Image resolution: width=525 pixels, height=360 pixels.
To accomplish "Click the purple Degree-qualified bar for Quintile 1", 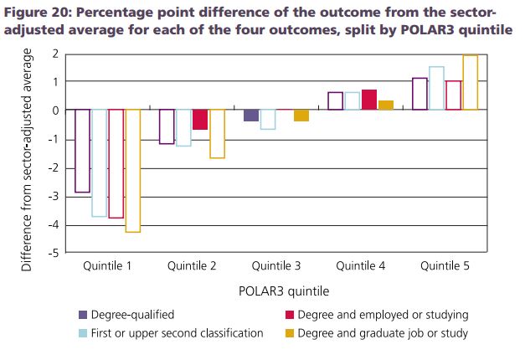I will (x=82, y=151).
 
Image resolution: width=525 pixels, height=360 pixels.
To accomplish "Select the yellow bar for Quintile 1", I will (x=132, y=170).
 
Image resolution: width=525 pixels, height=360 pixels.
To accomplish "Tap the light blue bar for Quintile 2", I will (x=183, y=127).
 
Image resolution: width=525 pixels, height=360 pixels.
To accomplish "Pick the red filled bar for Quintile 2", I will (x=200, y=119).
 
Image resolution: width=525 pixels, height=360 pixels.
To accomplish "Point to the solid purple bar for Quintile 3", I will (x=251, y=116).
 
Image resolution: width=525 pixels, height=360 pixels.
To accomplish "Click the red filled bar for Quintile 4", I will (x=369, y=100).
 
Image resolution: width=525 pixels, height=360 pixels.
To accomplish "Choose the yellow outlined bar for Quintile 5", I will (x=470, y=82).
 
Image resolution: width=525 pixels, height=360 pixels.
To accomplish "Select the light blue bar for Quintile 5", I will (x=436, y=88).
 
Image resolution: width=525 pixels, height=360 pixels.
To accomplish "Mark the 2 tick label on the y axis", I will (x=54, y=53).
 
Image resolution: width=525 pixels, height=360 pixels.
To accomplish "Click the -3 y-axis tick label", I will (x=53, y=197).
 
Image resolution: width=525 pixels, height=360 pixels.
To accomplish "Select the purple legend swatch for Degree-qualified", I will (x=83, y=315).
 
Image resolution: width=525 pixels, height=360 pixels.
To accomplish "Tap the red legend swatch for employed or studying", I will (x=290, y=315).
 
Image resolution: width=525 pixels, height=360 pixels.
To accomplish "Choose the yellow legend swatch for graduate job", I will (x=290, y=333).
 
